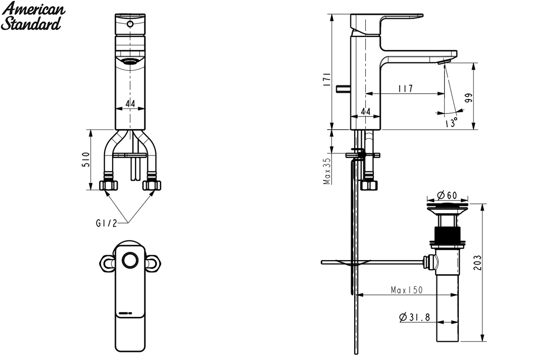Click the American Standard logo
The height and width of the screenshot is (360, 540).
click(x=33, y=16)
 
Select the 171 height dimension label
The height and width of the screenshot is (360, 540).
click(x=327, y=79)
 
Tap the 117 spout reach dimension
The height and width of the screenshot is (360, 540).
click(x=405, y=88)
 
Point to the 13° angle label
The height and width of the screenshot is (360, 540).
click(x=451, y=122)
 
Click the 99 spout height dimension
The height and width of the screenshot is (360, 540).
click(x=469, y=98)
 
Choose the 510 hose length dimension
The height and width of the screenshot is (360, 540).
click(x=86, y=159)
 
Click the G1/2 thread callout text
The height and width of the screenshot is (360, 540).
click(x=106, y=223)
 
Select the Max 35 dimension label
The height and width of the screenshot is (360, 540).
click(x=327, y=171)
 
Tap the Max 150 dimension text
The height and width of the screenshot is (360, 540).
click(x=407, y=290)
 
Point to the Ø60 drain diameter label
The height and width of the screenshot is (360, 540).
click(x=447, y=195)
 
